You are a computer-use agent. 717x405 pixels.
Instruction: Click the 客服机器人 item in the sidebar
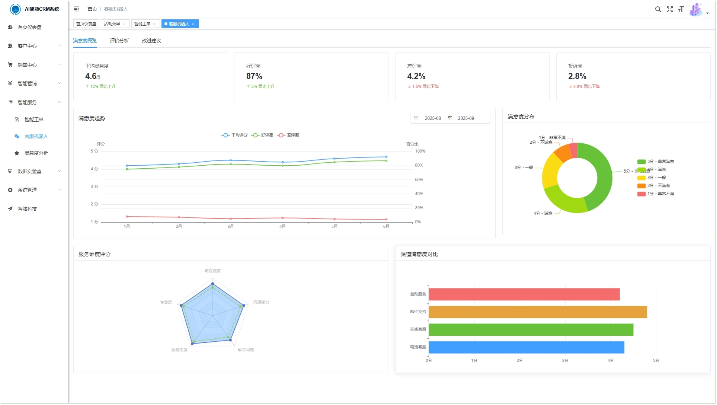pyautogui.click(x=36, y=137)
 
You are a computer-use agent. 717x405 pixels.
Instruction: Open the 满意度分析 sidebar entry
pyautogui.click(x=36, y=153)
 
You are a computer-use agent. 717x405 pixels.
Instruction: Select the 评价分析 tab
pyautogui.click(x=119, y=41)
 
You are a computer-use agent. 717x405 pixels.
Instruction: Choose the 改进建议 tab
pyautogui.click(x=151, y=41)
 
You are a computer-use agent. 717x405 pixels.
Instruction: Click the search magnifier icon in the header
pyautogui.click(x=658, y=10)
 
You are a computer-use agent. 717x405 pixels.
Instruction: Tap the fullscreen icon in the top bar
pyautogui.click(x=670, y=10)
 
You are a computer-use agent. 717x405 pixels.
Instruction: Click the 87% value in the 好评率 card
pyautogui.click(x=254, y=76)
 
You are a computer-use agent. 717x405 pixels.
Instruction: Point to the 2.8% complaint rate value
pyautogui.click(x=577, y=76)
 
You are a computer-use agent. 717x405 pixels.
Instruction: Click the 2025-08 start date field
pyautogui.click(x=432, y=118)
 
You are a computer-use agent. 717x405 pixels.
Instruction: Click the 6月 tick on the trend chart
pyautogui.click(x=386, y=227)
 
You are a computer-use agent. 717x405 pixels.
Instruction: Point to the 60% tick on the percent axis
pyautogui.click(x=419, y=180)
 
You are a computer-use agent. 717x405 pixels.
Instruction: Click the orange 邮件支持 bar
pyautogui.click(x=538, y=312)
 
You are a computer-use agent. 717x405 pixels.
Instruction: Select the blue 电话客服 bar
pyautogui.click(x=526, y=348)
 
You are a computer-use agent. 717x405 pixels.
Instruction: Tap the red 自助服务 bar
pyautogui.click(x=524, y=294)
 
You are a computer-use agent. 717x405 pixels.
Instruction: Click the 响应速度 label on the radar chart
pyautogui.click(x=212, y=271)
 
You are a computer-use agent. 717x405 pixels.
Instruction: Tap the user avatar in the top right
pyautogui.click(x=695, y=10)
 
